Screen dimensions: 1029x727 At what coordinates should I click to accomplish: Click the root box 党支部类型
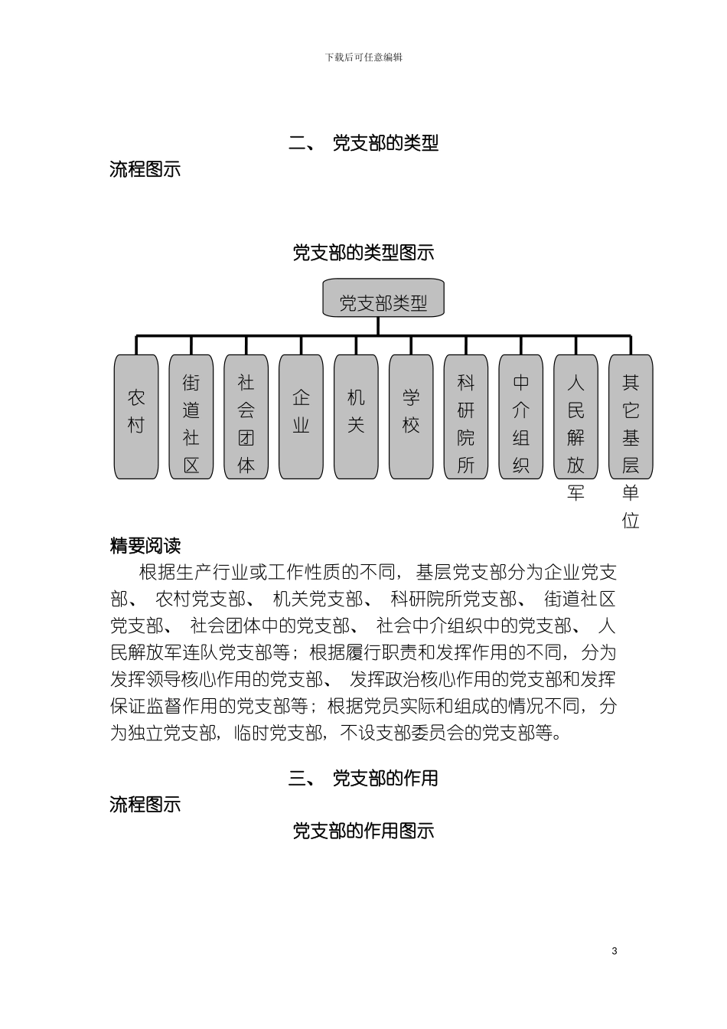(x=383, y=299)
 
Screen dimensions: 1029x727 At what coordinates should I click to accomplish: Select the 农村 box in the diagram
(x=136, y=416)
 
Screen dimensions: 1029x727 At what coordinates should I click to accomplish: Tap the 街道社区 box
(x=191, y=416)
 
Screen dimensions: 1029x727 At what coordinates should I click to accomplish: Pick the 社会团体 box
(x=246, y=416)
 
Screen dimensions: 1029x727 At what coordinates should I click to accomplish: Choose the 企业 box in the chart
(x=301, y=416)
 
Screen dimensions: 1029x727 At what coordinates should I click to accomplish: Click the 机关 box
(x=356, y=416)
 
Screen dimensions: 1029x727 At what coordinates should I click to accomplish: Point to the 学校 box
(x=411, y=416)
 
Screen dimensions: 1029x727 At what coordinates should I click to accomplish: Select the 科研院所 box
(x=466, y=416)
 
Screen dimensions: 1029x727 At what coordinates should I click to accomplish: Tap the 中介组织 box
(x=521, y=416)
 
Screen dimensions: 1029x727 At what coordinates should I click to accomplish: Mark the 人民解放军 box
(x=575, y=416)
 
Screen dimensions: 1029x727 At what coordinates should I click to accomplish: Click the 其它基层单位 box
(x=631, y=416)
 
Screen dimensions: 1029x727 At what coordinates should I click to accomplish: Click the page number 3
(x=615, y=951)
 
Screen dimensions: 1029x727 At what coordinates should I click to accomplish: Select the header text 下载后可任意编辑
(x=363, y=57)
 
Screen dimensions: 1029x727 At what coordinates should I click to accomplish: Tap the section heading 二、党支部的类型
(x=363, y=143)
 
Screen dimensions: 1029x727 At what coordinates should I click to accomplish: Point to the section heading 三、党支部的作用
(x=363, y=779)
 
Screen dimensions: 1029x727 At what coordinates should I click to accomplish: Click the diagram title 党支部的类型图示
(x=363, y=252)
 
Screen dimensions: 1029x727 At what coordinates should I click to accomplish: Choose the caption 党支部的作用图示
(x=363, y=831)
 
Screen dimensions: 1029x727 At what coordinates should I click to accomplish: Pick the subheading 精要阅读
(x=145, y=546)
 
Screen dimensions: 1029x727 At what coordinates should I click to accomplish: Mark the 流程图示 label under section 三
(x=145, y=805)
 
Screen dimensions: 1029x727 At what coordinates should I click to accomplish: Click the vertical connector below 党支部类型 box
(x=378, y=326)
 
